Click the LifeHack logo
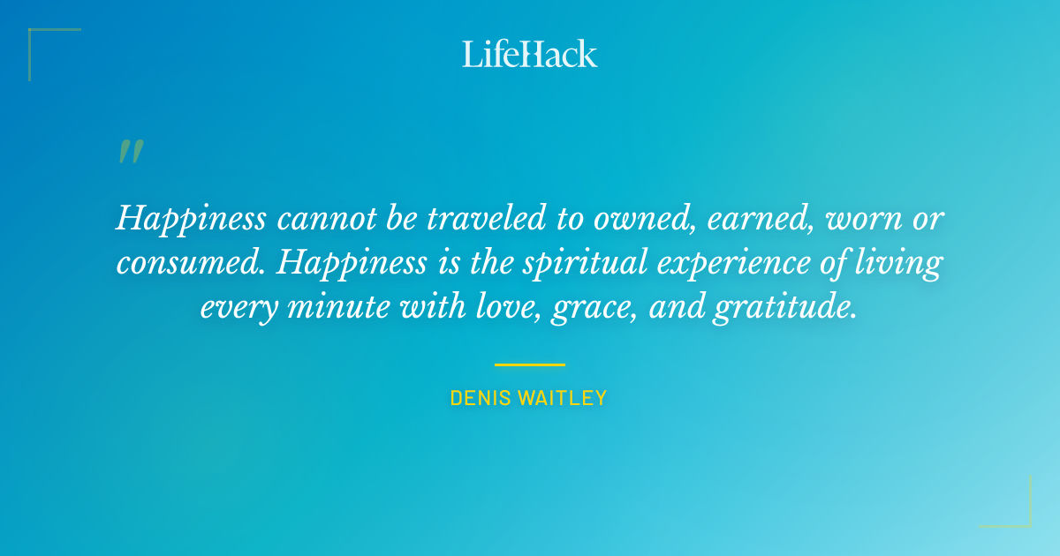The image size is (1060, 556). tap(530, 54)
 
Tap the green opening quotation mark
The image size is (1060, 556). tap(130, 152)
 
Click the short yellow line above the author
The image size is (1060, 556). tap(530, 364)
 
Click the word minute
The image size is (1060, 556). tap(354, 309)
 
